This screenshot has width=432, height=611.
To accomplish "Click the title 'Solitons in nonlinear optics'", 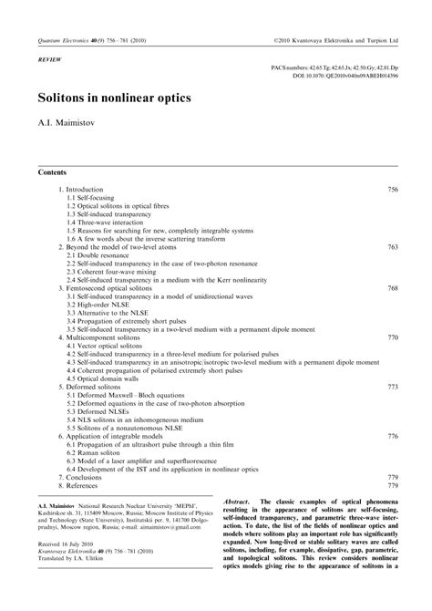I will [114, 94].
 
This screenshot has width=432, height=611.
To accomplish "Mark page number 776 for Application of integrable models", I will [393, 437].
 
